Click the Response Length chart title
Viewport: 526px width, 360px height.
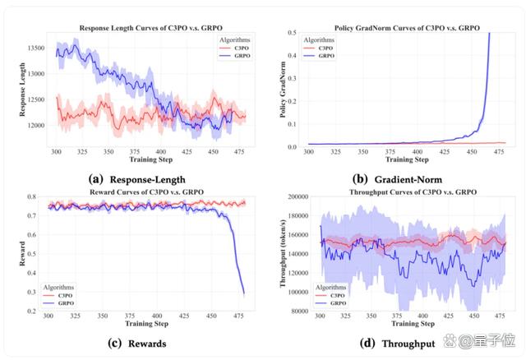150,28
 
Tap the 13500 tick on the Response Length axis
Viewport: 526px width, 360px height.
36,48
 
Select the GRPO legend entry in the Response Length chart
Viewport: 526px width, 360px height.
235,56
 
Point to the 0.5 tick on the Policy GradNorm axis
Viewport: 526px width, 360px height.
293,32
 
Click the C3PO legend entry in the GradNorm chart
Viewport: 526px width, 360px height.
319,48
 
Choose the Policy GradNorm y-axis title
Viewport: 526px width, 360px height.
283,90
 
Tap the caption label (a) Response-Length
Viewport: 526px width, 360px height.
137,179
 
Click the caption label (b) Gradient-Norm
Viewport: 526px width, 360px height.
398,179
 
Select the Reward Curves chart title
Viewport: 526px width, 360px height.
146,192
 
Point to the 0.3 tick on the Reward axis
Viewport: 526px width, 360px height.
31,292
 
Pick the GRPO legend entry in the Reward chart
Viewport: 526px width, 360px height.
58,303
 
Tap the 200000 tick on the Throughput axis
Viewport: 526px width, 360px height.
298,196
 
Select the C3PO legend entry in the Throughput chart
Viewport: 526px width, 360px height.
330,296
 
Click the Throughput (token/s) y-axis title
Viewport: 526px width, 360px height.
283,253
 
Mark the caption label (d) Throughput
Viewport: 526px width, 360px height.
398,344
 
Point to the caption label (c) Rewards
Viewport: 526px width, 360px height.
137,344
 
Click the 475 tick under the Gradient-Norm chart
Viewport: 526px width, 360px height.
499,152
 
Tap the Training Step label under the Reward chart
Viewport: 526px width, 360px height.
146,324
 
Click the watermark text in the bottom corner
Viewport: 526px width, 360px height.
479,340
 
